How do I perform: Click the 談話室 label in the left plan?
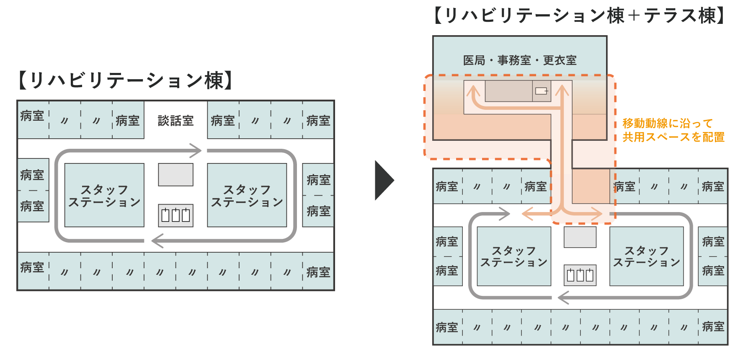[x=175, y=121]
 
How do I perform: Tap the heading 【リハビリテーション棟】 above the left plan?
[x=125, y=80]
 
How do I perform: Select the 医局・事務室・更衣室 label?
[x=520, y=60]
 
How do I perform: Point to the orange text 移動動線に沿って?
[x=668, y=123]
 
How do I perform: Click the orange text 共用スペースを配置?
[x=673, y=137]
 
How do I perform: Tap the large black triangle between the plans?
[x=384, y=180]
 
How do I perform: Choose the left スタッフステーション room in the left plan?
[x=104, y=195]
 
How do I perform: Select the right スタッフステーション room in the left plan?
[x=247, y=195]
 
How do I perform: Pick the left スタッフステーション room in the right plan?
[x=514, y=256]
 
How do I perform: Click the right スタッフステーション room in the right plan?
[x=647, y=256]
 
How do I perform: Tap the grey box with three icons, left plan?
[x=175, y=215]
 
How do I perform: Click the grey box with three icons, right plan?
[x=580, y=275]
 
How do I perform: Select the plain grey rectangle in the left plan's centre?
[x=175, y=175]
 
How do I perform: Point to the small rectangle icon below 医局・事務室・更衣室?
[x=541, y=91]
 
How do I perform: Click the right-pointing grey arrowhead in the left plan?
[x=196, y=150]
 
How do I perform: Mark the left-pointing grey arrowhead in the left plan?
[x=157, y=241]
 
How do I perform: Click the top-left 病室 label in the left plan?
[x=32, y=116]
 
